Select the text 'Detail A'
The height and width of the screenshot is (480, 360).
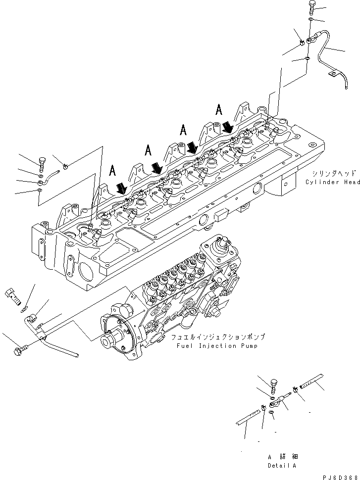pos(282,466)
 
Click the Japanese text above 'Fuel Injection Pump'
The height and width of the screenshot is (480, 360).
pos(218,337)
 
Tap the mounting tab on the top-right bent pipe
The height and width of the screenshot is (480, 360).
pos(331,75)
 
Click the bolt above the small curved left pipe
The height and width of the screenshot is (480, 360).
pos(41,161)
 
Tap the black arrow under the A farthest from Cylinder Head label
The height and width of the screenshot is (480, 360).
pos(120,188)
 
